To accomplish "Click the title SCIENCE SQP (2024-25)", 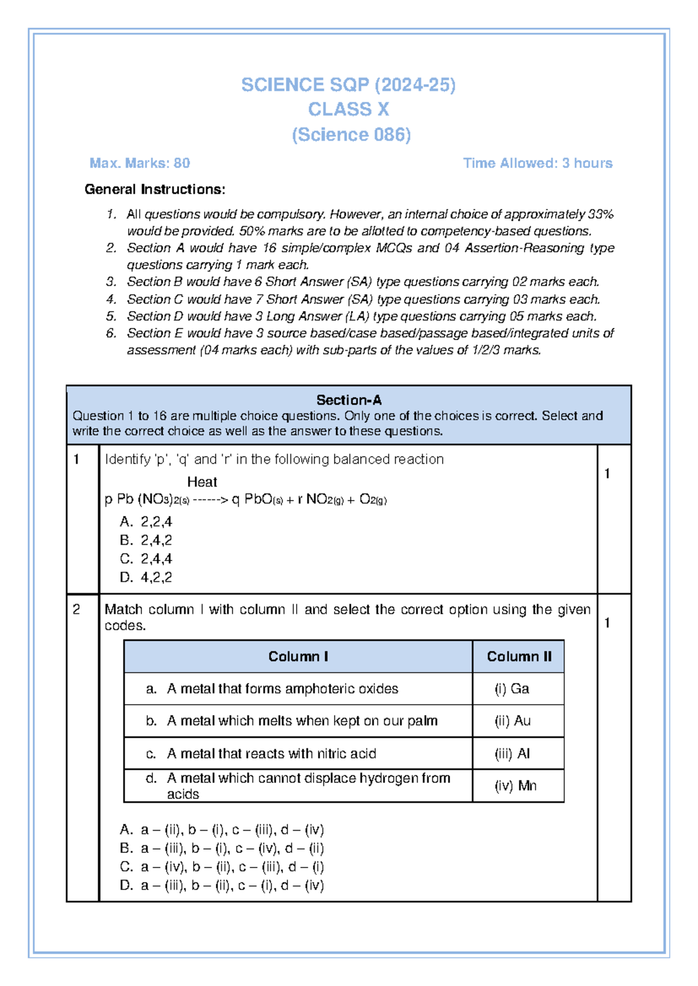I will [x=348, y=85].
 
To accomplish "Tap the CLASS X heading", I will [x=348, y=109].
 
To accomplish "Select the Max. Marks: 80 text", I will [x=140, y=163].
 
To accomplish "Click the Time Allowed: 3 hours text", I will [x=537, y=163].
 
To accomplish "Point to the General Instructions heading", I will [x=155, y=190].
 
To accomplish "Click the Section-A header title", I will [x=348, y=400].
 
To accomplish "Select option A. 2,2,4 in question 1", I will [x=147, y=521].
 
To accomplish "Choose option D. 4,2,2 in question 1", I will [x=147, y=577].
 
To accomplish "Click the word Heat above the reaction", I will [x=202, y=482].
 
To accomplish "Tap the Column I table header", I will [x=298, y=656].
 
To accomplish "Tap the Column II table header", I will [x=519, y=656].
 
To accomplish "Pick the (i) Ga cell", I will [x=512, y=689].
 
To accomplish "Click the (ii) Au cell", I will [x=512, y=721].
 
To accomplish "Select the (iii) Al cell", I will [x=512, y=754].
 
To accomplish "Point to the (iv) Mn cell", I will [x=515, y=786].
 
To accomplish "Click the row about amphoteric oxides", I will [x=282, y=689].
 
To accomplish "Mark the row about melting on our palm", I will [x=301, y=721].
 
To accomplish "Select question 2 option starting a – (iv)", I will [x=222, y=867].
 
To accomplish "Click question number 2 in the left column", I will [x=76, y=609].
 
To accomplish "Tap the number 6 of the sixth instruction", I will [x=111, y=333].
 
